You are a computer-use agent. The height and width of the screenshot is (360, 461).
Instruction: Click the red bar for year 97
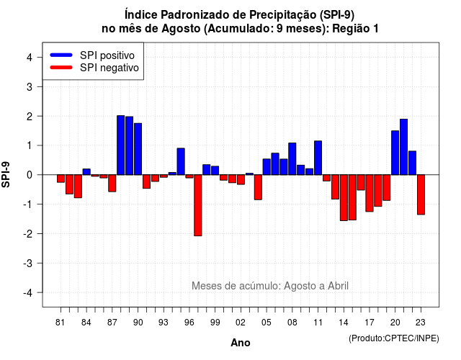(198, 205)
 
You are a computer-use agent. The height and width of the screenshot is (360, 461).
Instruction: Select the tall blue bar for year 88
(120, 145)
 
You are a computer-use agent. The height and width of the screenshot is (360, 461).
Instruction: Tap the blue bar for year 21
(403, 147)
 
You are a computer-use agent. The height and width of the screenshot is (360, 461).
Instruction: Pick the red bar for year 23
(421, 194)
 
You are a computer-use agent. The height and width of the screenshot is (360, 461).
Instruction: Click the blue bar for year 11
(318, 158)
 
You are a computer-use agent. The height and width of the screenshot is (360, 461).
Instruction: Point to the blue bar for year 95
(181, 161)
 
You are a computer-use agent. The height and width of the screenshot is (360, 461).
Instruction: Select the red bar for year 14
(344, 197)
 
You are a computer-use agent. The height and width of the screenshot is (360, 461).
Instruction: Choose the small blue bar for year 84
(86, 171)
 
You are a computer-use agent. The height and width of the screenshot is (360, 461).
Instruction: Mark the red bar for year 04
(258, 187)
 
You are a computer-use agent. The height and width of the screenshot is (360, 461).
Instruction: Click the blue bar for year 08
(292, 158)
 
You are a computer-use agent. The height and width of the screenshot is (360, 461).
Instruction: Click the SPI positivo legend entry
(92, 55)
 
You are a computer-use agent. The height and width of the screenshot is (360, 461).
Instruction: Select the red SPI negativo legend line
(61, 68)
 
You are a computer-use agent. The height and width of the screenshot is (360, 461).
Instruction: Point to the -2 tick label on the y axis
(29, 234)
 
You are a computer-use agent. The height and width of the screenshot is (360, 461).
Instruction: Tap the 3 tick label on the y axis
(30, 86)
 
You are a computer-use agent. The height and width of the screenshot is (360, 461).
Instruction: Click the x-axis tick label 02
(240, 323)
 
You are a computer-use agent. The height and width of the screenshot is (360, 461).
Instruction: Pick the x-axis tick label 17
(370, 323)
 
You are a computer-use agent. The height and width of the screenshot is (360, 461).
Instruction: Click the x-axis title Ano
(241, 343)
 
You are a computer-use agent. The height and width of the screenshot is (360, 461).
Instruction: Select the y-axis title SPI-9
(6, 174)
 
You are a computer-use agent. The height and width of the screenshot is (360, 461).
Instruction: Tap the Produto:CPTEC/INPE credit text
(394, 338)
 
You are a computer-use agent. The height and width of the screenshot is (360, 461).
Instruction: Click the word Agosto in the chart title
(180, 29)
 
